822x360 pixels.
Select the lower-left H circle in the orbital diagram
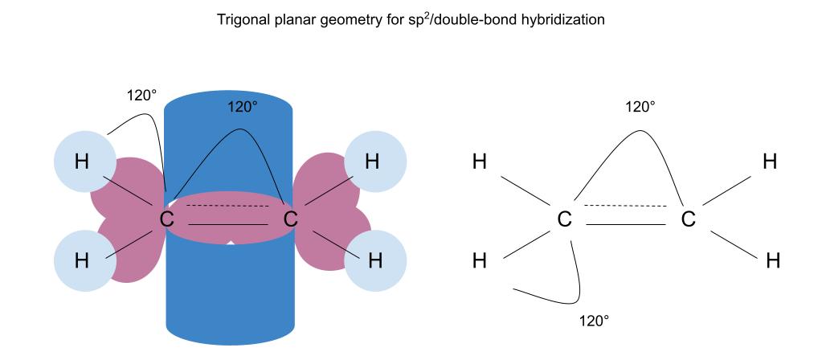click(81, 260)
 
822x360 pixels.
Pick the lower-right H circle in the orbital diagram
click(374, 260)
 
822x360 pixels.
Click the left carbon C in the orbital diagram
click(166, 219)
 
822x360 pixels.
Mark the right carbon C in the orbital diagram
click(291, 219)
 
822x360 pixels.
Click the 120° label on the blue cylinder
click(243, 106)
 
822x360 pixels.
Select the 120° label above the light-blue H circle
click(141, 95)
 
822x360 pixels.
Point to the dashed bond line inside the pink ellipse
click(227, 206)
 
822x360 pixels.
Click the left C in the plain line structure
click(564, 219)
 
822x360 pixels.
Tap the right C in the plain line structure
click(688, 219)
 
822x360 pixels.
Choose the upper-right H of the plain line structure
click(769, 162)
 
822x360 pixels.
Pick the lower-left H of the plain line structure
click(480, 260)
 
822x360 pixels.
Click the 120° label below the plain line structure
click(594, 321)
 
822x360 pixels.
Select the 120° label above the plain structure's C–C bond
click(640, 106)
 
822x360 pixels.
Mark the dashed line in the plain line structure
click(625, 206)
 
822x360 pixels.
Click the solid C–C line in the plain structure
click(626, 224)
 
